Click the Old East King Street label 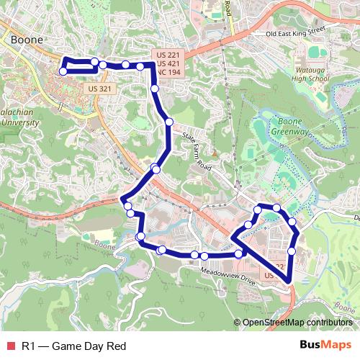click(x=295, y=32)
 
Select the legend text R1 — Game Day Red click(x=73, y=346)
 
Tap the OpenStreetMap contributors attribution click(x=297, y=323)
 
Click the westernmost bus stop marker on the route click(x=63, y=71)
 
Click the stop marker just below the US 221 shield click(x=156, y=89)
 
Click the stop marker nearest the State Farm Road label click(x=169, y=122)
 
